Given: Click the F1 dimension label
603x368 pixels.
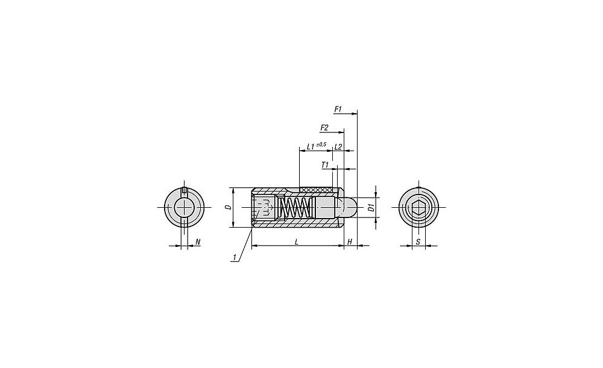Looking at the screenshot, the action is [x=338, y=110].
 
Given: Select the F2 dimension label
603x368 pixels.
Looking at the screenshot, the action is [x=324, y=128].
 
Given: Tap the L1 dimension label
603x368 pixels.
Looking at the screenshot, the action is [x=311, y=147].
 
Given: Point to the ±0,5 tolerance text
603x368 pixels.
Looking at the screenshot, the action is [x=321, y=145].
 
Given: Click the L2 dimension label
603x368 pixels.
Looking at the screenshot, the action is [x=338, y=147].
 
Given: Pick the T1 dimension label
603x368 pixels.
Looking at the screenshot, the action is [x=325, y=165].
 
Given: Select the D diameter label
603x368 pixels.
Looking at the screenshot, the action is [x=229, y=207].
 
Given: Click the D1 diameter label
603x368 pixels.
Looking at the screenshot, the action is [x=371, y=208].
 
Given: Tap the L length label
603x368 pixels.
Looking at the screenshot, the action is [x=296, y=242].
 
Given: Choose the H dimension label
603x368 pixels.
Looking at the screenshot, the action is [x=350, y=242].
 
